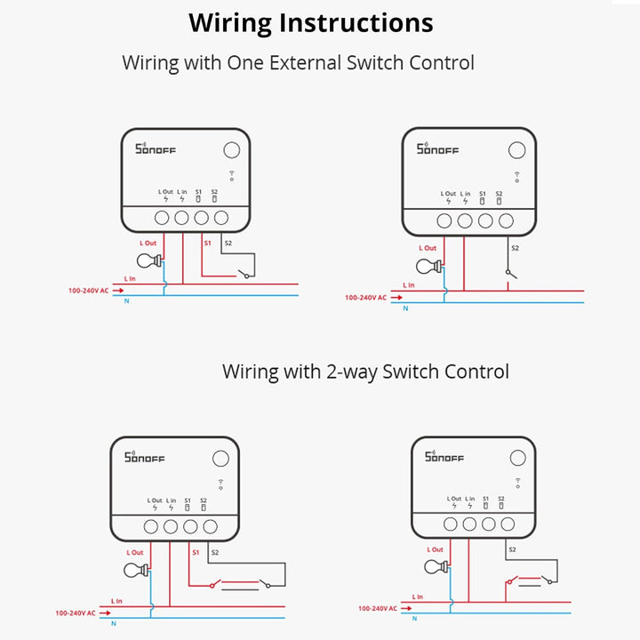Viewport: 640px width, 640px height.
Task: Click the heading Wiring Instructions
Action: click(311, 23)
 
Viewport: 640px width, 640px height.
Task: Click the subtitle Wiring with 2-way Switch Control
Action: click(365, 371)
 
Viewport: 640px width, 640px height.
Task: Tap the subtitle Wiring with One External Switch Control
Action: click(298, 63)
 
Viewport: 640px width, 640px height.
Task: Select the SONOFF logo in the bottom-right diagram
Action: click(444, 457)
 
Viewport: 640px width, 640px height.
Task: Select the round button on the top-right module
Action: click(514, 149)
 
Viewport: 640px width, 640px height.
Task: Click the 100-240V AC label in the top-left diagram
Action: click(89, 291)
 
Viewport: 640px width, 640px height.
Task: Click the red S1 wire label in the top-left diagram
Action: click(207, 242)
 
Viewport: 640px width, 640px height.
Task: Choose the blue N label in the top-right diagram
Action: click(405, 308)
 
